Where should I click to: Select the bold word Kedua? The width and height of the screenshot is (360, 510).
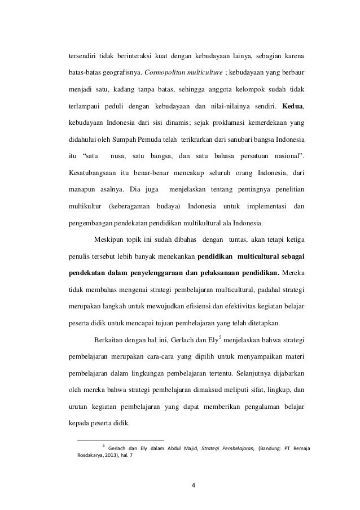point(294,106)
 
